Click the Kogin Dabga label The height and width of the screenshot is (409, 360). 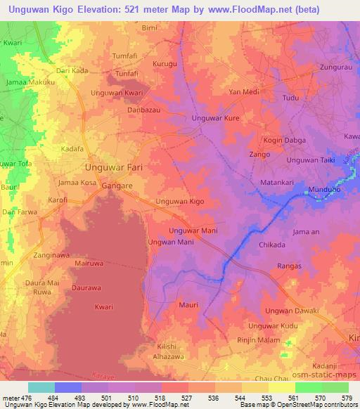284,140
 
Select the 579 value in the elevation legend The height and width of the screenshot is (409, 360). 347,398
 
